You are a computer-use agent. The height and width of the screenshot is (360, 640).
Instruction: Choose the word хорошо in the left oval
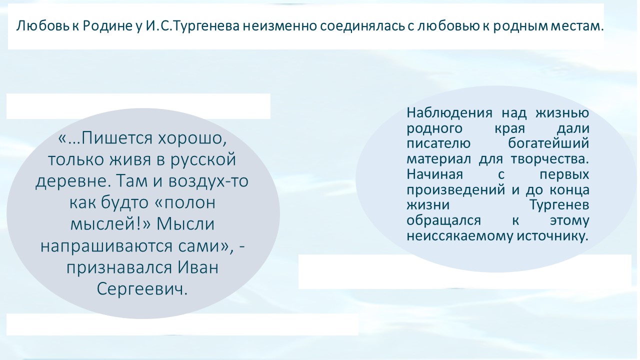point(192,138)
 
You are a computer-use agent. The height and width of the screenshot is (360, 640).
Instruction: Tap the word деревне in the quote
point(73,181)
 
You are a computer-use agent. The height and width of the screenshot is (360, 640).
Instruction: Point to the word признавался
point(119,268)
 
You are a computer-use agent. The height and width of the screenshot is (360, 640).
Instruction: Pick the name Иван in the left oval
point(198,267)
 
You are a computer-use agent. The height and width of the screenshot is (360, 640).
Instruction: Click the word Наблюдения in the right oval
point(449,113)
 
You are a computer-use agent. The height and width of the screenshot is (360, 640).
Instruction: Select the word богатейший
point(548,143)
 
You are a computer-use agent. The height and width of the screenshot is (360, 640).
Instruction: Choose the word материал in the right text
point(438,159)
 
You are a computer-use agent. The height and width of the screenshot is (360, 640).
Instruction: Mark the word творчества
point(550,159)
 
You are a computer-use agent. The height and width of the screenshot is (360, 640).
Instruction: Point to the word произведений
point(455,190)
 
